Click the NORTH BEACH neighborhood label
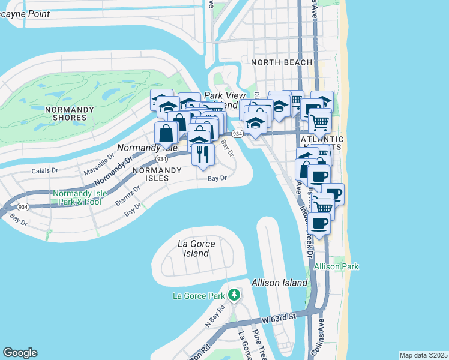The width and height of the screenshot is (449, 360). click(282, 62)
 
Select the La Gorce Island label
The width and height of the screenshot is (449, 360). click(196, 248)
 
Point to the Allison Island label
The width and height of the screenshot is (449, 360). click(279, 283)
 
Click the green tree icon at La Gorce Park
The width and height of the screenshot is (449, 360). click(234, 295)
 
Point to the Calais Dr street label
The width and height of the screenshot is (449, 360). click(44, 170)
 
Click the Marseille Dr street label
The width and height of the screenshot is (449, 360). click(98, 163)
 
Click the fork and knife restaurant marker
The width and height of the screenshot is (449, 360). click(203, 154)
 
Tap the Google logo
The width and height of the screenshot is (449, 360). click(20, 353)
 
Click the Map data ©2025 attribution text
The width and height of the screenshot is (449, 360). click(423, 355)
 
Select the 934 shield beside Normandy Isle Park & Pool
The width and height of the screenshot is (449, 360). click(23, 207)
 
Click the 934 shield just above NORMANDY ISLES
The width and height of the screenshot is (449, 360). click(161, 159)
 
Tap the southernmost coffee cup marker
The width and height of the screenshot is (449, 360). click(319, 223)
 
